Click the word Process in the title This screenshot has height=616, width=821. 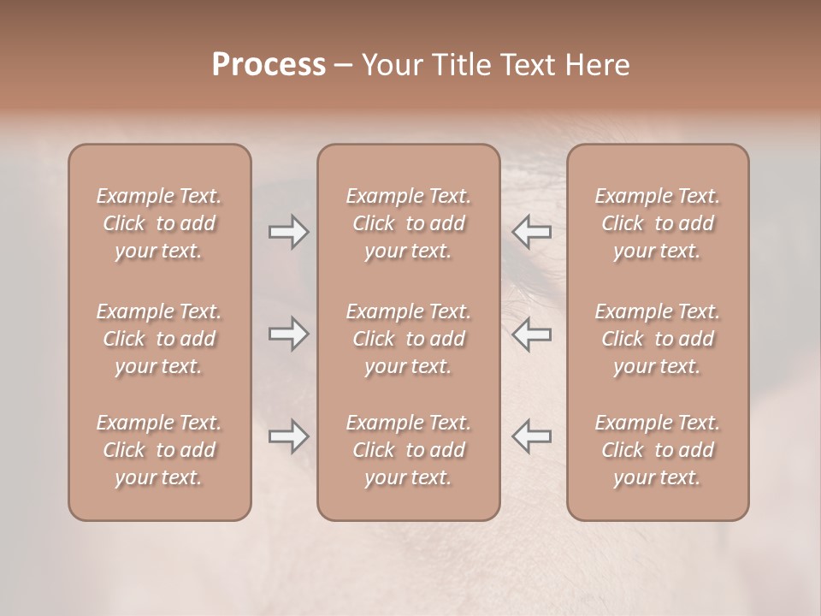pos(269,65)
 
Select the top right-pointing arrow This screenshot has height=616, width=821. pos(288,232)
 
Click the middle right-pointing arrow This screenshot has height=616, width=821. pos(288,334)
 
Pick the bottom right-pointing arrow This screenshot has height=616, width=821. pos(288,436)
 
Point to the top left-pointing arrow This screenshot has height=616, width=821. pos(531,232)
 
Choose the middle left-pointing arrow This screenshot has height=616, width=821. pos(531,334)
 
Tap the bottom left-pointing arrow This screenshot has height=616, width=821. pos(531,436)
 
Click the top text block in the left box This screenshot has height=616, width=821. pos(159,223)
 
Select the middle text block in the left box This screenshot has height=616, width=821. pos(159,339)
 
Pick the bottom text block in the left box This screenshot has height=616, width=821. pos(159,450)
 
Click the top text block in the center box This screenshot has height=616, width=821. pos(408,223)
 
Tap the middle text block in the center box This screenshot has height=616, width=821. pos(408,339)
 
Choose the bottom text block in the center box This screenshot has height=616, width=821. pos(408,450)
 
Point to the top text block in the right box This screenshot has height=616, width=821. pos(657,223)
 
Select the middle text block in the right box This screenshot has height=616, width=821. pos(657,339)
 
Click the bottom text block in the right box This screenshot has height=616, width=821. pos(657,450)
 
